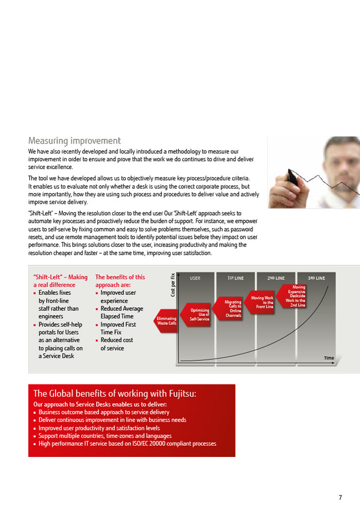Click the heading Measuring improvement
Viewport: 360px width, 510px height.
(x=75, y=140)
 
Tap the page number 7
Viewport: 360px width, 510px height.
(x=340, y=497)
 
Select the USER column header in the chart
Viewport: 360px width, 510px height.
(x=195, y=278)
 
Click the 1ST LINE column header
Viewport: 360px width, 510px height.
(x=236, y=278)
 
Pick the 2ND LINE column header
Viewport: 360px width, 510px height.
(x=276, y=278)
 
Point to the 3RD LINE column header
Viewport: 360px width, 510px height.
(x=316, y=278)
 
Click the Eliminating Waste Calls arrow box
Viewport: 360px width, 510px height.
(x=166, y=321)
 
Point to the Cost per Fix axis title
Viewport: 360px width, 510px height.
(x=173, y=285)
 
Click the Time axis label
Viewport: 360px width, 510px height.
(x=329, y=358)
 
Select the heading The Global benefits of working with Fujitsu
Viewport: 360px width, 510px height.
(x=115, y=394)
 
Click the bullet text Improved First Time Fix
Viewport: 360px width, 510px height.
(x=118, y=328)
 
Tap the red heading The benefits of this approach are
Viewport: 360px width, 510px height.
(x=120, y=280)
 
